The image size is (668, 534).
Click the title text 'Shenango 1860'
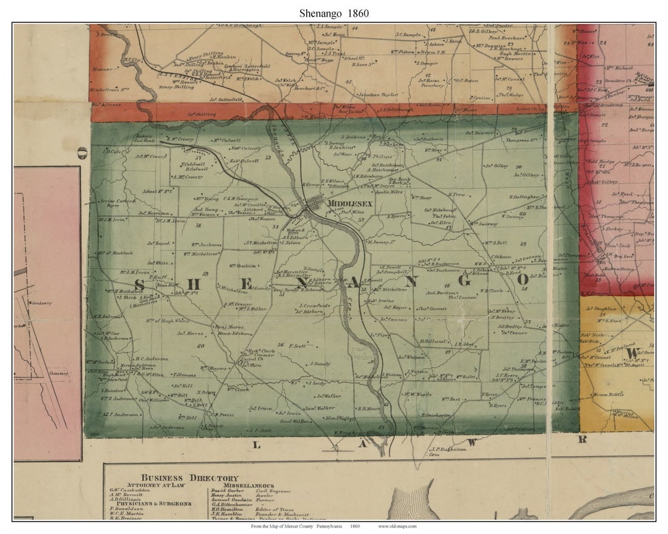(x=334, y=13)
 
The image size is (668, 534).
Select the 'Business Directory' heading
(x=189, y=478)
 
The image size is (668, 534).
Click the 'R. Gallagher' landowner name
(x=525, y=197)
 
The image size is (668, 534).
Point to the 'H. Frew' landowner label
(x=456, y=194)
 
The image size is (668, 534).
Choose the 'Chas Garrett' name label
(x=432, y=308)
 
